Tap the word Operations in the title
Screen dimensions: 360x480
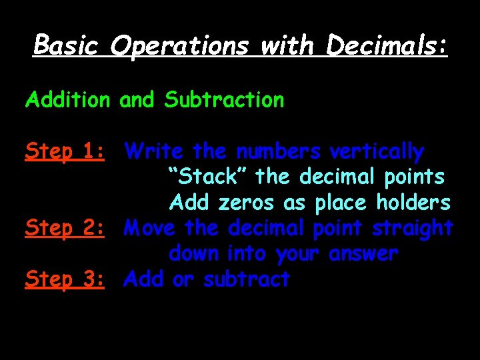181,46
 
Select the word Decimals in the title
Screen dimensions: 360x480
387,45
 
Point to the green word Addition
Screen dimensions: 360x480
67,100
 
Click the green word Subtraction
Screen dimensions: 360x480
224,100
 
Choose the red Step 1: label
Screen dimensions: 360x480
65,152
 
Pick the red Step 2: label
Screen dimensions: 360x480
65,229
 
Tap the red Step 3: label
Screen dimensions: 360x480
65,279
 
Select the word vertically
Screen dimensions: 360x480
377,152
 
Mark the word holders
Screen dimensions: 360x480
413,203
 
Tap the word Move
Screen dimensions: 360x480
151,228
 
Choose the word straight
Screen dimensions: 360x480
413,229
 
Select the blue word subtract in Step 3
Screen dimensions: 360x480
247,279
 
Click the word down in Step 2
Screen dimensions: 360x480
195,254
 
